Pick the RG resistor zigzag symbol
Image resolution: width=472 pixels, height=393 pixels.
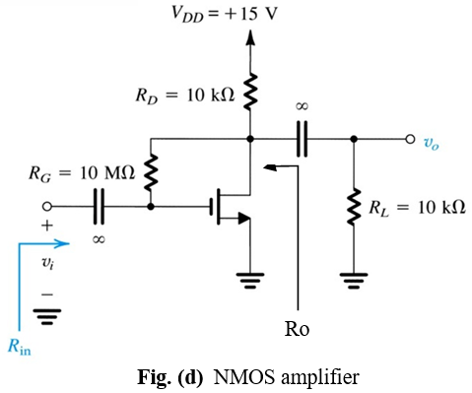151,174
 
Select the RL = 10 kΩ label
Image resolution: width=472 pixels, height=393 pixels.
409,208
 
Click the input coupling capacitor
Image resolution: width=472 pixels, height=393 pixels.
99,208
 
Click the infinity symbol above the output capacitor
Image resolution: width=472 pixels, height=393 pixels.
302,105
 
